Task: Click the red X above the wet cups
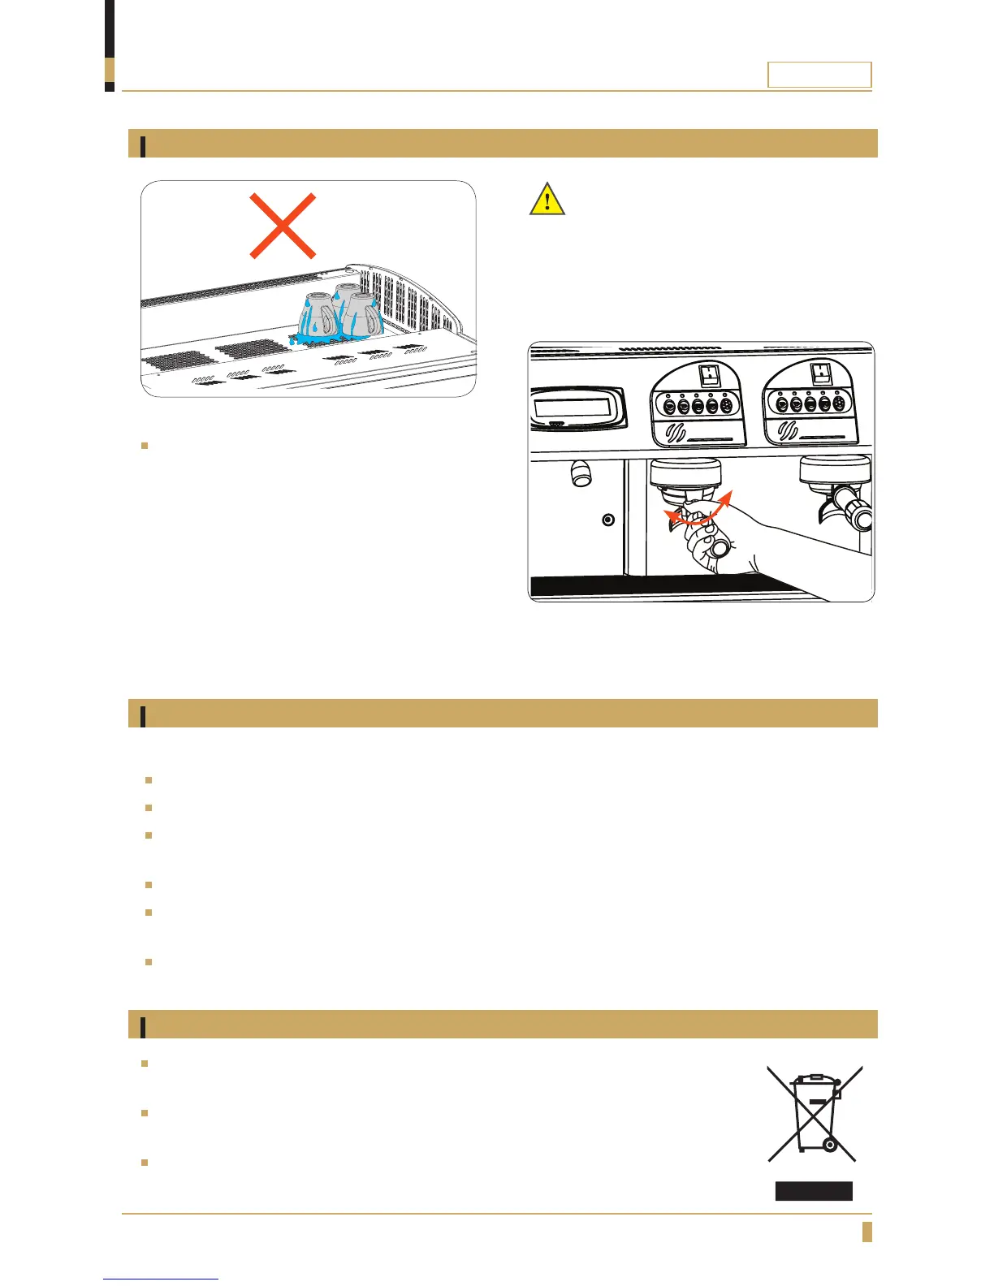tap(283, 226)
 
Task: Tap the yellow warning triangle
tap(547, 200)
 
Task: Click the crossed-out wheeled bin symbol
tap(815, 1113)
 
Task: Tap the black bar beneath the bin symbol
tap(813, 1191)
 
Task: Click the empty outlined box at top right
tap(819, 75)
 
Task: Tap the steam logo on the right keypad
tap(789, 431)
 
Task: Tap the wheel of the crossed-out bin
tap(829, 1145)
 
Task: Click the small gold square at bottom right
tap(867, 1232)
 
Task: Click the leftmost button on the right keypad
tap(782, 404)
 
